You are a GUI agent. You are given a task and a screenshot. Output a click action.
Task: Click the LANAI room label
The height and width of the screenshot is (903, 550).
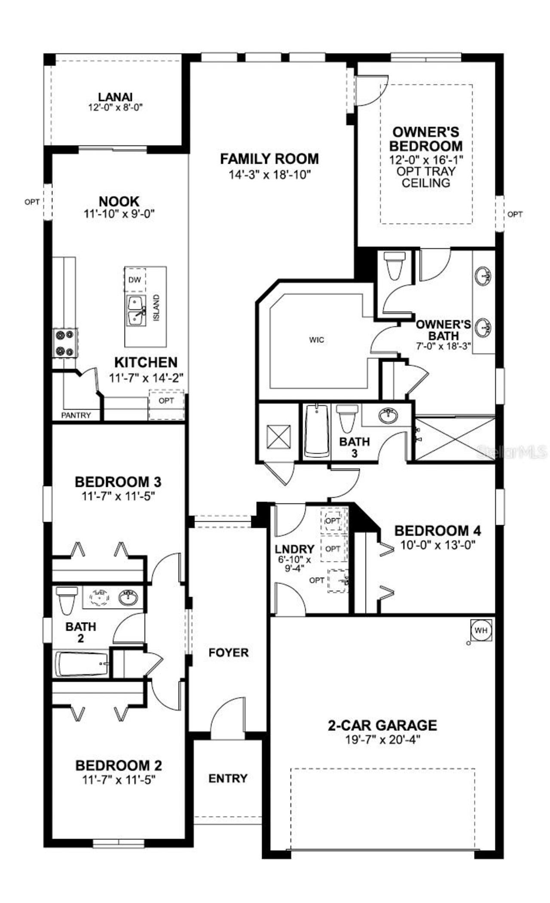(x=115, y=97)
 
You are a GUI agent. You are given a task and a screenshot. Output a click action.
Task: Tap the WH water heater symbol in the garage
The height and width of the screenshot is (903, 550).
(x=481, y=630)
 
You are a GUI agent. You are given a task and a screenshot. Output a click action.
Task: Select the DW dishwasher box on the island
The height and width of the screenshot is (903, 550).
(x=135, y=280)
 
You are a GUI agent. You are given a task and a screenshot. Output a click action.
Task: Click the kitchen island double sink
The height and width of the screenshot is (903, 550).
(x=136, y=311)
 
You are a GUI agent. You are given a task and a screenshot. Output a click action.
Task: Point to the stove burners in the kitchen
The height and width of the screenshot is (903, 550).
(x=65, y=343)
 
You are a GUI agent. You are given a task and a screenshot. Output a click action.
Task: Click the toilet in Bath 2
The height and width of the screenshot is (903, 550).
(x=66, y=599)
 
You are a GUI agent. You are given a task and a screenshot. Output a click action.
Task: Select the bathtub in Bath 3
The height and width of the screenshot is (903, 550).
(x=317, y=431)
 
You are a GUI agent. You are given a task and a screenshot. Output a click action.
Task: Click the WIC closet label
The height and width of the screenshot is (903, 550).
(x=317, y=340)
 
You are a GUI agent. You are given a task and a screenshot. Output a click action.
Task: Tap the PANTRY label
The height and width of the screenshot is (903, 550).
(x=76, y=415)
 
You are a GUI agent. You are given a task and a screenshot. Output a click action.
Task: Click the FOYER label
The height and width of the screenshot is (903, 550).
(x=229, y=653)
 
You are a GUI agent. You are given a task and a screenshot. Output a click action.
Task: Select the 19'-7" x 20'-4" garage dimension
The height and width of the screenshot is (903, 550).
(x=382, y=740)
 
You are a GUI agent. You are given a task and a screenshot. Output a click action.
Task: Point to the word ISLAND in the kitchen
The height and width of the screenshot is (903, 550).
(x=156, y=307)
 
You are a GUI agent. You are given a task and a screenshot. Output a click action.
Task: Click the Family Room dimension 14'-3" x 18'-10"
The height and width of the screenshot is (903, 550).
(x=269, y=175)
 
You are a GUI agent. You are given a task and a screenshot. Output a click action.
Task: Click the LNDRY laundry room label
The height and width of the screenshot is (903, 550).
(x=294, y=549)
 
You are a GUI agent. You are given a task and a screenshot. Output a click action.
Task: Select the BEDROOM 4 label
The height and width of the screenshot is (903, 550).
(x=437, y=531)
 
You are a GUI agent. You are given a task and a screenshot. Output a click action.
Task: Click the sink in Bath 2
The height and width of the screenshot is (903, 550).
(x=128, y=598)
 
